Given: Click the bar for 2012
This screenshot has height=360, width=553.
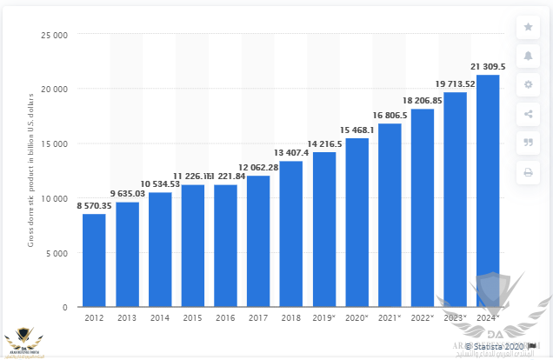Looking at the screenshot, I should [x=94, y=261].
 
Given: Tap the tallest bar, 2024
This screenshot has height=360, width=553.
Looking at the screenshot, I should [x=488, y=191].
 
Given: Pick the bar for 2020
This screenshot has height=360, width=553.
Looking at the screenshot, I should [x=356, y=223].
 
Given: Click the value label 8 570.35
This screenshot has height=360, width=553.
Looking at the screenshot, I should [x=94, y=206].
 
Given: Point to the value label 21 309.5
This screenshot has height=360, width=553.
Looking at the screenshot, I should [x=488, y=67].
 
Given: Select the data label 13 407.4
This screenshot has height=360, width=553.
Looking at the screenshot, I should [x=291, y=154].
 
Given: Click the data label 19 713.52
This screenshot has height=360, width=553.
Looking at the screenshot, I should [x=456, y=84].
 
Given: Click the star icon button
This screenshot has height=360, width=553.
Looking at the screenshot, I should [x=528, y=27].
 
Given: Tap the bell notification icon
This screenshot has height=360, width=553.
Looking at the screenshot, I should [x=528, y=56].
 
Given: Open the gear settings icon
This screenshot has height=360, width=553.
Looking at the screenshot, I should [x=528, y=84].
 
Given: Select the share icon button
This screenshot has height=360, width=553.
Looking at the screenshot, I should [x=528, y=113].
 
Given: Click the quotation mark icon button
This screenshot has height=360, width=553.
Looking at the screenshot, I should [x=528, y=142].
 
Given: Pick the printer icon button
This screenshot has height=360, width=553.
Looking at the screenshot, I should [x=528, y=170].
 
